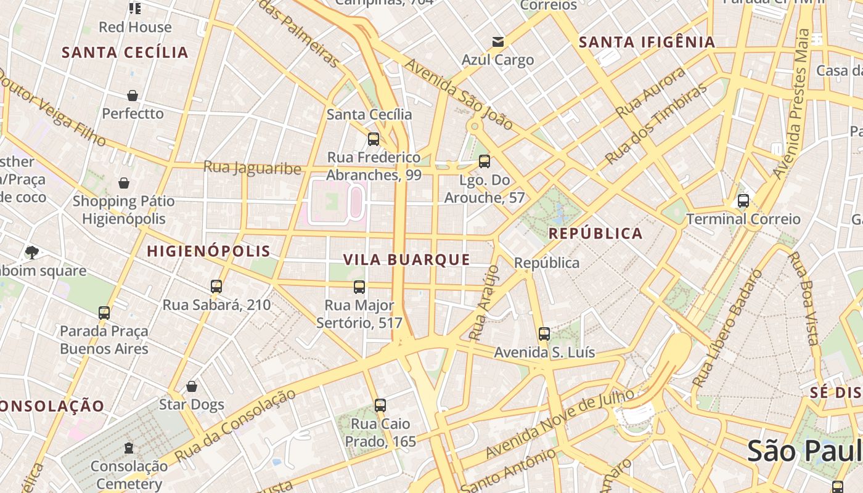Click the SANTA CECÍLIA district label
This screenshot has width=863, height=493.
tap(125, 52)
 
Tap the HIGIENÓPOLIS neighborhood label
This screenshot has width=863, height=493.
tap(208, 251)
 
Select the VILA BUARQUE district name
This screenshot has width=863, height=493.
tap(407, 259)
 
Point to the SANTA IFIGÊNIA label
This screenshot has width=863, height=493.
tap(647, 43)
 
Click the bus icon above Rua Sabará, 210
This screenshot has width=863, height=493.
tap(216, 286)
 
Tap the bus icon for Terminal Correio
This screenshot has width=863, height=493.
tap(743, 200)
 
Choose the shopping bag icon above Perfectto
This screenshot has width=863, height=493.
tap(133, 96)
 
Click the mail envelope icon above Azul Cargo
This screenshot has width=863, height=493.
tap(497, 42)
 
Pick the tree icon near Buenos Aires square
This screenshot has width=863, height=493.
tap(31, 252)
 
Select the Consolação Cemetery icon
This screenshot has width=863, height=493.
tap(129, 448)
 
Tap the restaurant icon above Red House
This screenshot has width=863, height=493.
tap(134, 8)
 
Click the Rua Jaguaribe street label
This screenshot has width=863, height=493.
tap(252, 167)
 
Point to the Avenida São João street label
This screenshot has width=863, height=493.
tap(459, 94)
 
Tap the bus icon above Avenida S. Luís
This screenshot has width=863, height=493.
tap(544, 334)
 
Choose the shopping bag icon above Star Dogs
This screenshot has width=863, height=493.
tap(192, 386)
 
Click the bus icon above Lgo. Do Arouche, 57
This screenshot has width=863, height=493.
tap(485, 161)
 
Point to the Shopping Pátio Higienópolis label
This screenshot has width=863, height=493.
tap(124, 210)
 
